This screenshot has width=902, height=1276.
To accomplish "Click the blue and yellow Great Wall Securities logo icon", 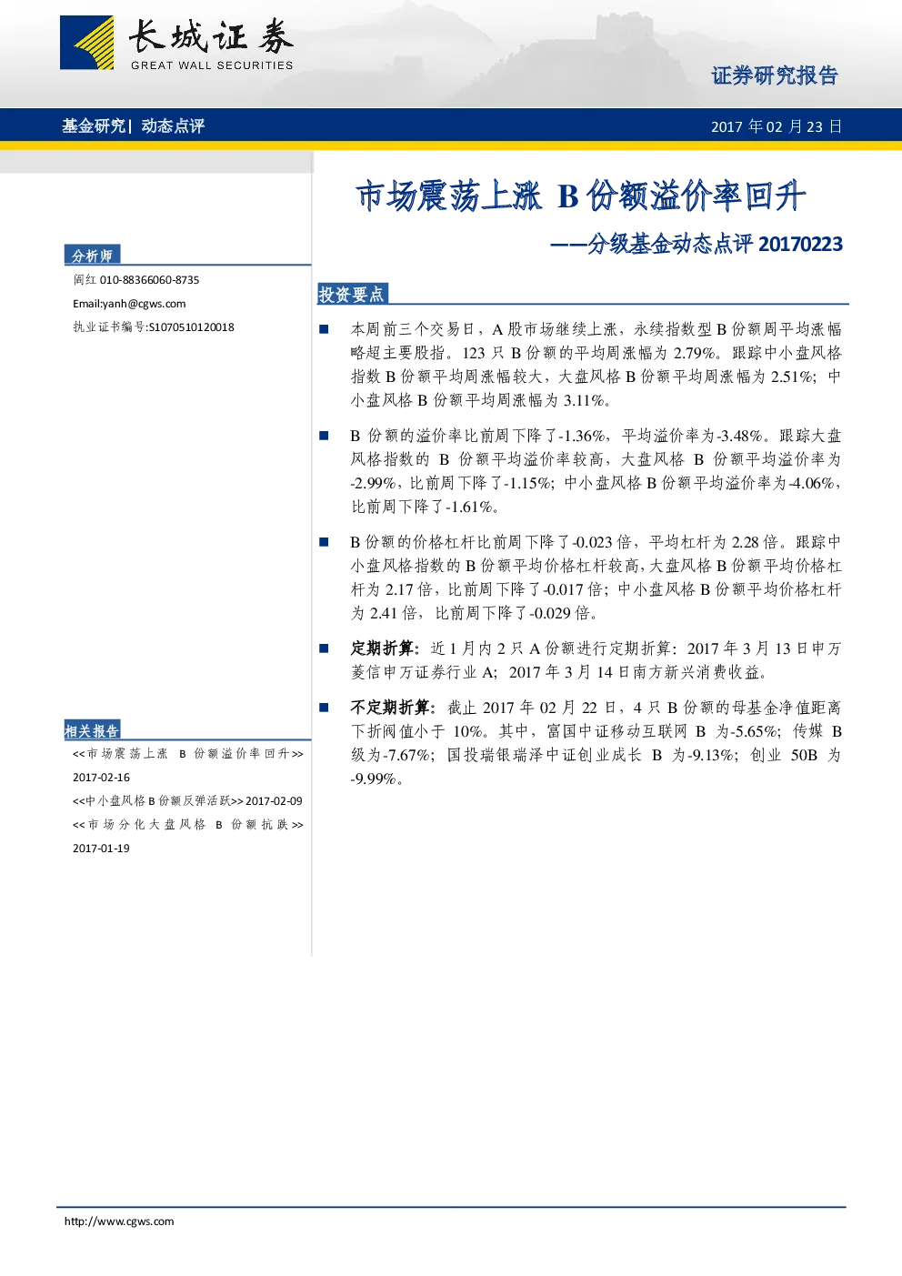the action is (86, 43).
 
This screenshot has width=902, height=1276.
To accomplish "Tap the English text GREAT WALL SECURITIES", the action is (212, 65).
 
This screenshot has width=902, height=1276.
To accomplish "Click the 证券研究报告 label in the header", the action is (775, 75).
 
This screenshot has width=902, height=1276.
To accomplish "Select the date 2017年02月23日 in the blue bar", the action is (777, 126).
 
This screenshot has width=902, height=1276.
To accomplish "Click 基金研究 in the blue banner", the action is (94, 126).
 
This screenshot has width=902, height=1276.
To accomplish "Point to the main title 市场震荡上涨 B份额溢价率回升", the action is (581, 196).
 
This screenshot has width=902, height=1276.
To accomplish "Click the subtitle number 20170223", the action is (801, 244).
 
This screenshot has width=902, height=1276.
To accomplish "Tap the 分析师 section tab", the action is (92, 256).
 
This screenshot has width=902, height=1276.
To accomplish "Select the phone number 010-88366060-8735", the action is (149, 280).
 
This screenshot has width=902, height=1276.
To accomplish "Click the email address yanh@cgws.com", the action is (144, 304).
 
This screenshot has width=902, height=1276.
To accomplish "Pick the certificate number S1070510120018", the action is (191, 327).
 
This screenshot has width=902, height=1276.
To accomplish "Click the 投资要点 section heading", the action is (352, 294).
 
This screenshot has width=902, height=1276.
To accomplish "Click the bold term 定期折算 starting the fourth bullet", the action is (382, 648).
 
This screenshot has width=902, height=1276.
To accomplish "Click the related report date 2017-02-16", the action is (101, 777).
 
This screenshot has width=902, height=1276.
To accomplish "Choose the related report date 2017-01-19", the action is (101, 849).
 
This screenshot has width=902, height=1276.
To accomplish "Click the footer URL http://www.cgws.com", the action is (119, 1221).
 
